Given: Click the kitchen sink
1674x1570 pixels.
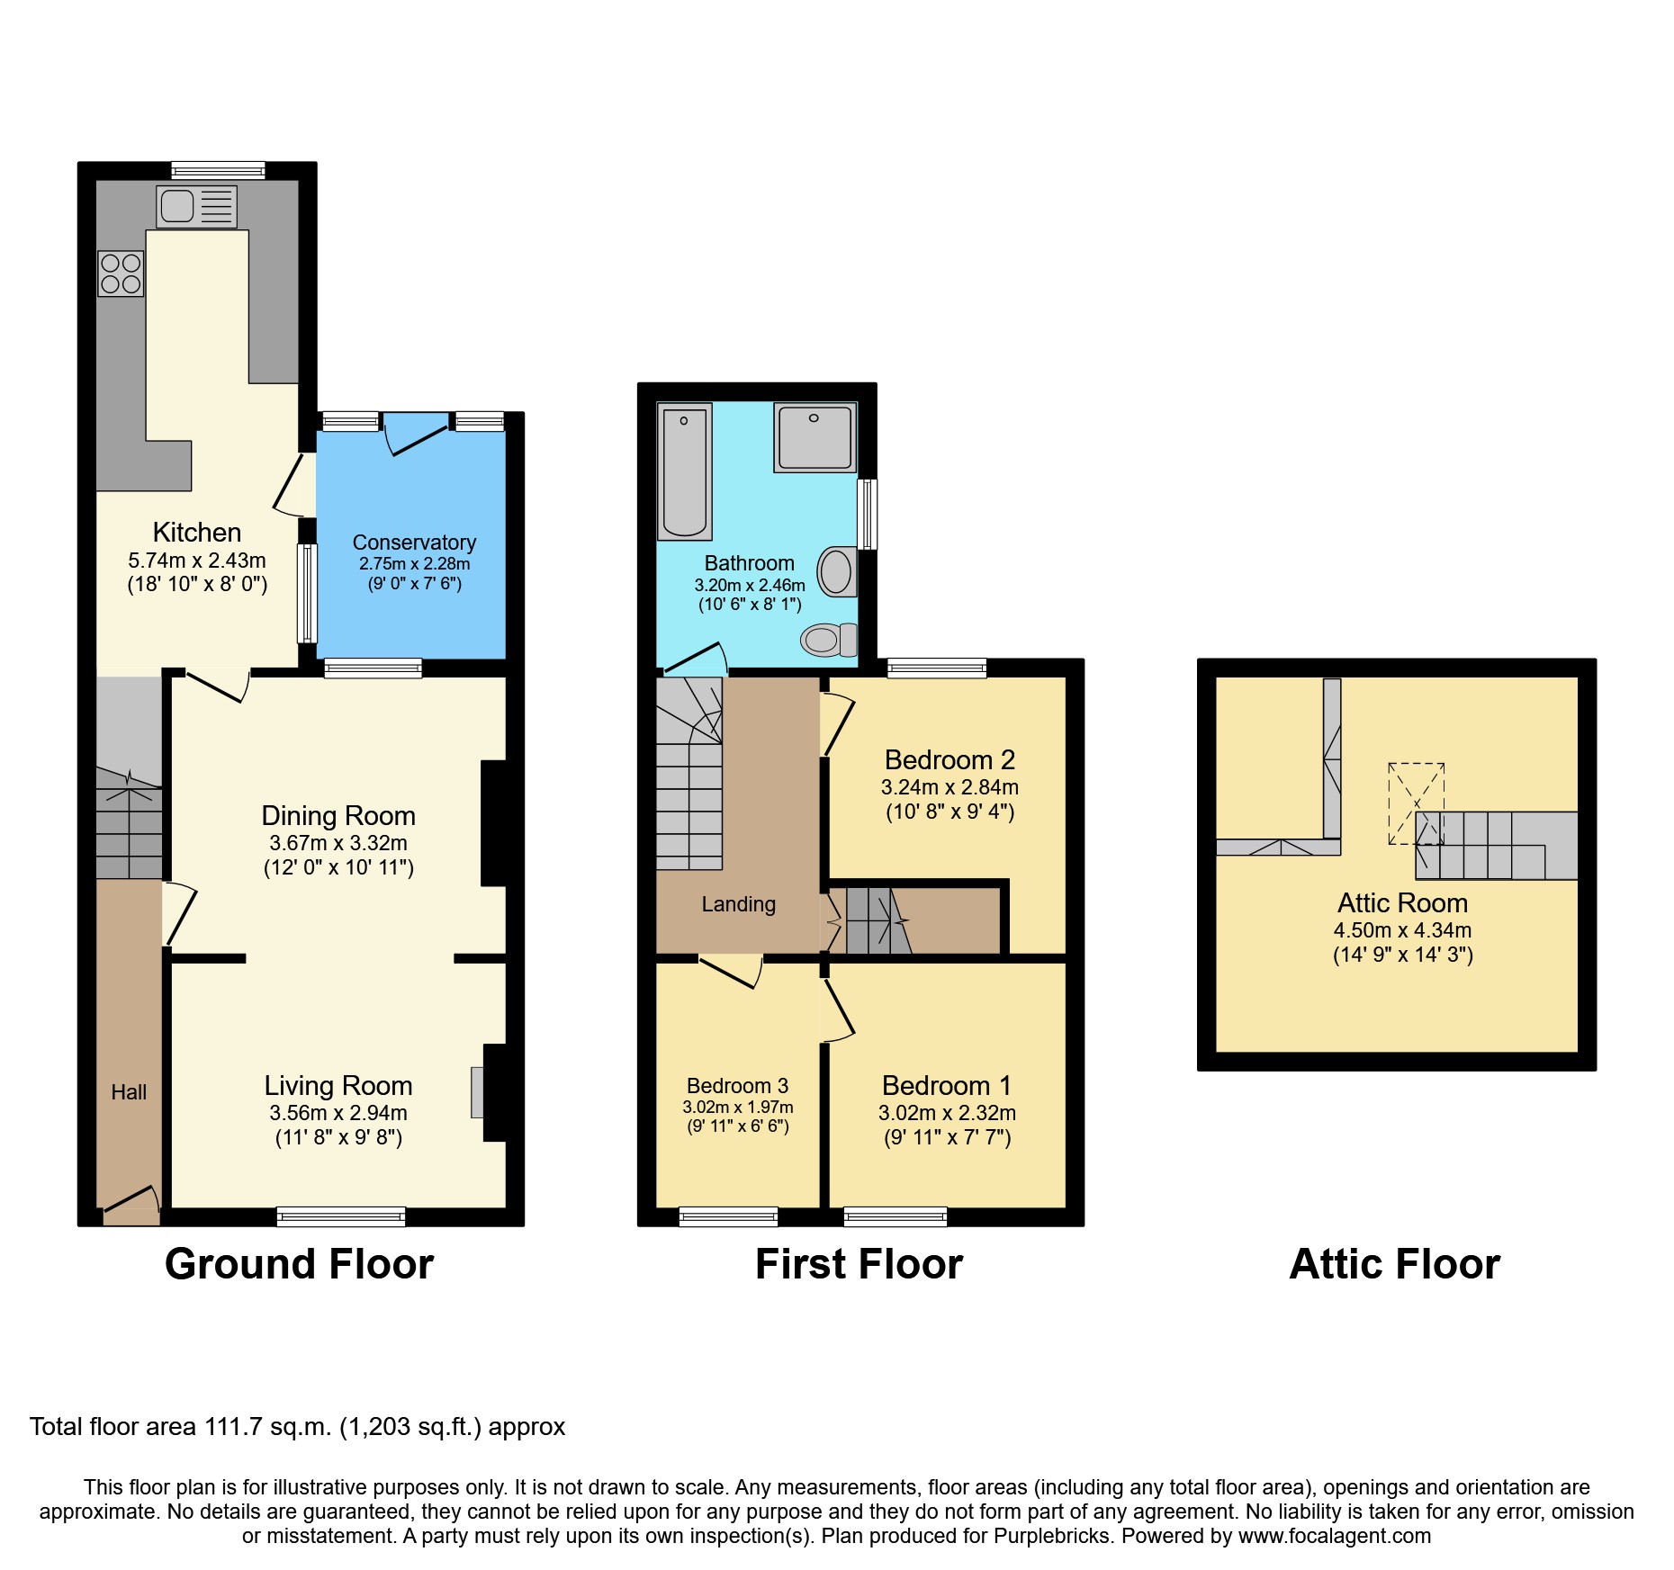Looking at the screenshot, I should [x=195, y=207].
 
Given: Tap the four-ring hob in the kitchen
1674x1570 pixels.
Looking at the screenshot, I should [x=121, y=274].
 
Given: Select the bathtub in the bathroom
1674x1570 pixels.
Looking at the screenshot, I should [x=684, y=471].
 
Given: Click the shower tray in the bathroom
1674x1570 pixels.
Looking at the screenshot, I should [x=814, y=437].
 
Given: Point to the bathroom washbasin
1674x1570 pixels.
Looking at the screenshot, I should [x=837, y=571].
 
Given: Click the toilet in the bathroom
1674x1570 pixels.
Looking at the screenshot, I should [x=828, y=640].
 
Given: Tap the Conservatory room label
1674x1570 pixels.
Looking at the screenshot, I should [x=414, y=543].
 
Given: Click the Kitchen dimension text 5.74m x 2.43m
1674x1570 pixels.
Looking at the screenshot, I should [x=197, y=561].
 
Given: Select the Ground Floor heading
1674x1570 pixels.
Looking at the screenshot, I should [x=299, y=1264].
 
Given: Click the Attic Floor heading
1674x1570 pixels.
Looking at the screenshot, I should [x=1394, y=1264].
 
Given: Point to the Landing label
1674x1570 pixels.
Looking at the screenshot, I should [x=738, y=904].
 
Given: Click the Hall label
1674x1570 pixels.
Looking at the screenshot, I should [x=129, y=1092].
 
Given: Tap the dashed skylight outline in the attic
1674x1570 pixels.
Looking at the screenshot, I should [x=1416, y=803].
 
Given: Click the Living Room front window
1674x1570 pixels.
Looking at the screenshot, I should [x=341, y=1216].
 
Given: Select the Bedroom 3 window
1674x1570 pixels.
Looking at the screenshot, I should [x=728, y=1216].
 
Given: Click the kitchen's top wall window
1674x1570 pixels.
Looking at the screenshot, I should [x=218, y=170].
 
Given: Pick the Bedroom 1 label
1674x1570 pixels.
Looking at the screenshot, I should [x=946, y=1086].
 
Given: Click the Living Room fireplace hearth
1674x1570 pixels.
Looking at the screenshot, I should [x=477, y=1092].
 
